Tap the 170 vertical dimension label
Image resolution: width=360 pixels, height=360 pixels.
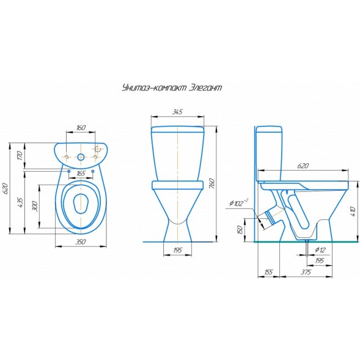20,155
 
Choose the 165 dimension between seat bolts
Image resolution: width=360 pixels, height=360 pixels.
81,174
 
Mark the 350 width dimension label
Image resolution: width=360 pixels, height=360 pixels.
81,243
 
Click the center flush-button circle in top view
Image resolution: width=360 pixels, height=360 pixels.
81,158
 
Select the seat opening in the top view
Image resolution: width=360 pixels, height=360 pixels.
81,204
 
